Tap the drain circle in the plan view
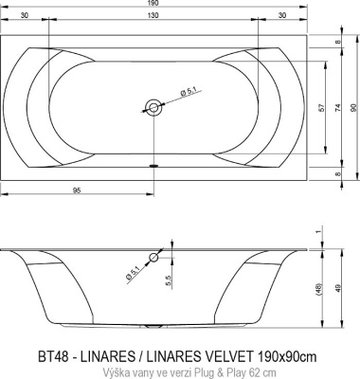pos(152,107)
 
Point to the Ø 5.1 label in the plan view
pos(188,92)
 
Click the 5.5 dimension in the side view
pos(168,282)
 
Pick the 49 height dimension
pos(338,287)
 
